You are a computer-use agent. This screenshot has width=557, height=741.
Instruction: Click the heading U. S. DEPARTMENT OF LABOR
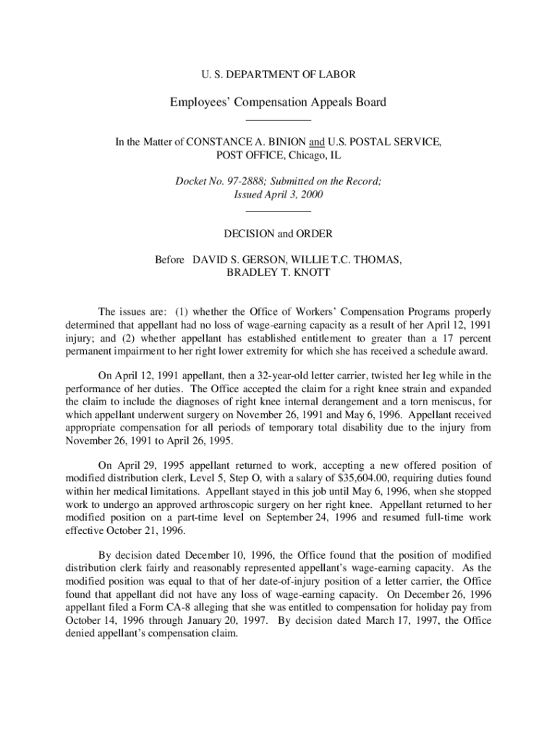(x=278, y=74)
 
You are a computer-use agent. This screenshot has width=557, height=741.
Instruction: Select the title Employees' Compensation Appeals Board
(x=278, y=102)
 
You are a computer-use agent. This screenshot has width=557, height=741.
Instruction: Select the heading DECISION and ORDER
(x=278, y=234)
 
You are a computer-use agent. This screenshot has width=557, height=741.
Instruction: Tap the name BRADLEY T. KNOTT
(x=278, y=273)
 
